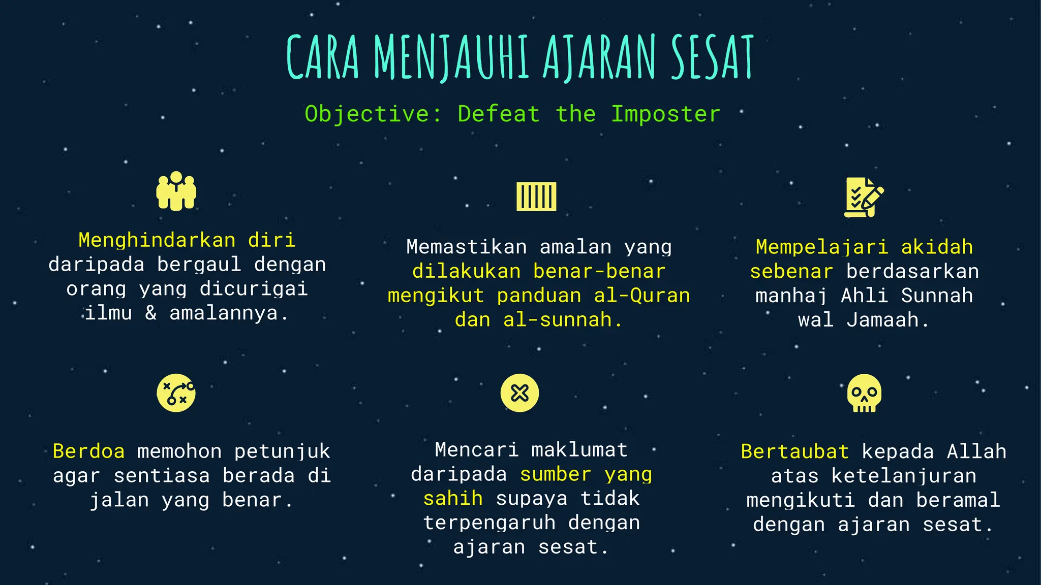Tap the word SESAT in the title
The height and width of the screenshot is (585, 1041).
pyautogui.click(x=712, y=57)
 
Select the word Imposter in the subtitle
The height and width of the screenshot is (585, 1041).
pyautogui.click(x=665, y=114)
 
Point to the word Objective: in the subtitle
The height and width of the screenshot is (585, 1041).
pyautogui.click(x=374, y=114)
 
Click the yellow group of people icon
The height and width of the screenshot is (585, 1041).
pyautogui.click(x=176, y=191)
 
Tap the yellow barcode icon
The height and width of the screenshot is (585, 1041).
pyautogui.click(x=536, y=196)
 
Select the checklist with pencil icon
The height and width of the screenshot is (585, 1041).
pyautogui.click(x=863, y=197)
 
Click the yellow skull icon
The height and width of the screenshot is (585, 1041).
pyautogui.click(x=864, y=393)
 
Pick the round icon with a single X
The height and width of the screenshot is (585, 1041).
pyautogui.click(x=519, y=393)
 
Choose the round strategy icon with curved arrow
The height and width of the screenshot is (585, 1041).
pyautogui.click(x=176, y=393)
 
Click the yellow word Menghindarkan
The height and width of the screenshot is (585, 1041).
pyautogui.click(x=157, y=240)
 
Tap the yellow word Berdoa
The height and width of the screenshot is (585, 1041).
pyautogui.click(x=88, y=451)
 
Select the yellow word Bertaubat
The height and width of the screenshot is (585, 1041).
pyautogui.click(x=794, y=451)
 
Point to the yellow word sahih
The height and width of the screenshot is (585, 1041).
pyautogui.click(x=453, y=498)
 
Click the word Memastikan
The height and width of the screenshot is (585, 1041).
pyautogui.click(x=466, y=247)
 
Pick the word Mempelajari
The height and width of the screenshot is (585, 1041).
pyautogui.click(x=822, y=247)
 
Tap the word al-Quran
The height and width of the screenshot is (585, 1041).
pyautogui.click(x=642, y=296)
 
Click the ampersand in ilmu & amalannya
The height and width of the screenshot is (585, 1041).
pyautogui.click(x=151, y=313)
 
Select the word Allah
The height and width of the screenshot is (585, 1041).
pyautogui.click(x=976, y=451)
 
